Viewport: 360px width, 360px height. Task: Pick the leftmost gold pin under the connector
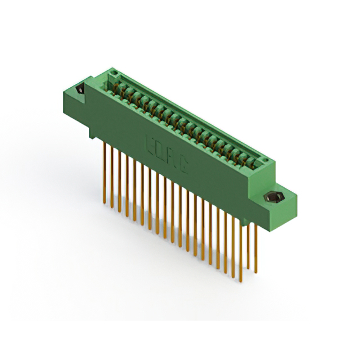[x=105, y=172]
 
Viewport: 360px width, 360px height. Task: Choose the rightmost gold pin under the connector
[x=255, y=247]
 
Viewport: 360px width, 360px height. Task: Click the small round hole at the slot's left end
[x=112, y=74]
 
